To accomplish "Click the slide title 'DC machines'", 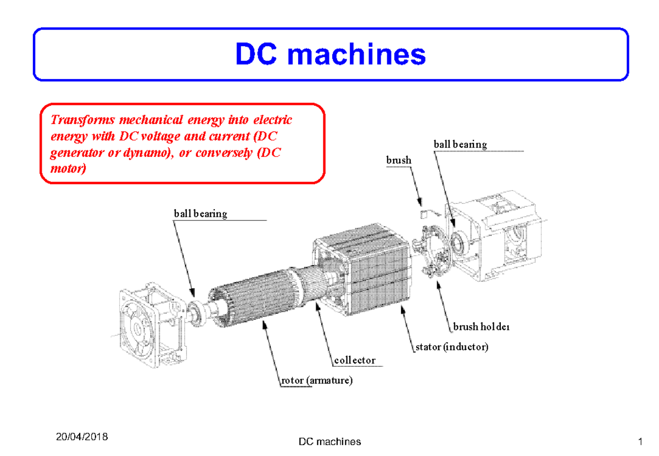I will [x=331, y=55].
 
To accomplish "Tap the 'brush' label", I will [x=398, y=160].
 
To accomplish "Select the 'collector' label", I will [x=355, y=361].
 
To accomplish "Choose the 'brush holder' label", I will [x=482, y=327].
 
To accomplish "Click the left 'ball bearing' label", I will [x=200, y=213].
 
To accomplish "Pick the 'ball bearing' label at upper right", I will [x=460, y=144].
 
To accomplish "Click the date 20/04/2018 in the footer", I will [x=82, y=437].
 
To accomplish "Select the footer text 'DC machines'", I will [x=329, y=441].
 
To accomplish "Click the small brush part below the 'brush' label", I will [x=423, y=212].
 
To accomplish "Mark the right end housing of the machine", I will [x=500, y=236].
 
